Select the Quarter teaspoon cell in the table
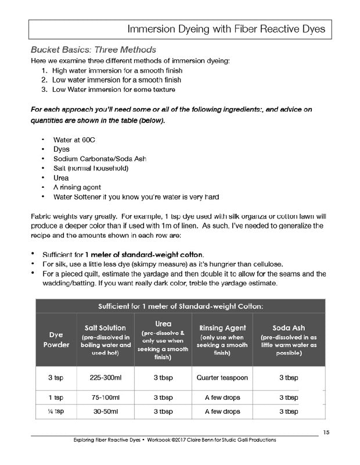pyautogui.click(x=223, y=378)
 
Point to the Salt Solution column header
pyautogui.click(x=105, y=328)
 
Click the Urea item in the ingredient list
pyautogui.click(x=61, y=177)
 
